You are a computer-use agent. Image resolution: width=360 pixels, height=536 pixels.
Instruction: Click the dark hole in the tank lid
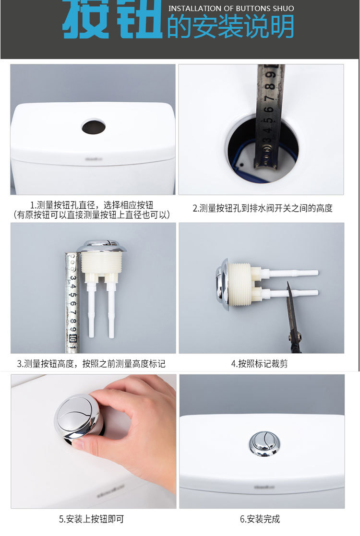pos(93,126)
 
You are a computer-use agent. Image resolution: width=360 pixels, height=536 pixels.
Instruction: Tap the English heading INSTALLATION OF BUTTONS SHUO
pos(231,8)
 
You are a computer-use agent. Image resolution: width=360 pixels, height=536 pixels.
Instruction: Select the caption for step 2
pos(263,208)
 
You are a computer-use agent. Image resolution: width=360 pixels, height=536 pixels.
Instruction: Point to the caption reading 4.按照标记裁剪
pos(260,363)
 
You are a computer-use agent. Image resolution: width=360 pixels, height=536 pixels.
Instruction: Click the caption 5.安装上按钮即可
pos(91,519)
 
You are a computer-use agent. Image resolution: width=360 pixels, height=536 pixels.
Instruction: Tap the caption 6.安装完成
pos(260,519)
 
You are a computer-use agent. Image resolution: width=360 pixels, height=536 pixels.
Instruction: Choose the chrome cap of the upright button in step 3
pos(102,246)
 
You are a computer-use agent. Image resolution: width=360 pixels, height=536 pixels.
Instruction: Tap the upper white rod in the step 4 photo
pos(290,273)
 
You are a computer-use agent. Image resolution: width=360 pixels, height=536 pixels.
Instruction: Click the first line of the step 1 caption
pos(92,205)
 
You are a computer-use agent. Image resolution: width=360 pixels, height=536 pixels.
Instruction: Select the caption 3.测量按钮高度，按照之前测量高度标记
pos(91,363)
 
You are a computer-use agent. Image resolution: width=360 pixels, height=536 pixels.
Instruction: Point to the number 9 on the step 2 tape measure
pos(270,74)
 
